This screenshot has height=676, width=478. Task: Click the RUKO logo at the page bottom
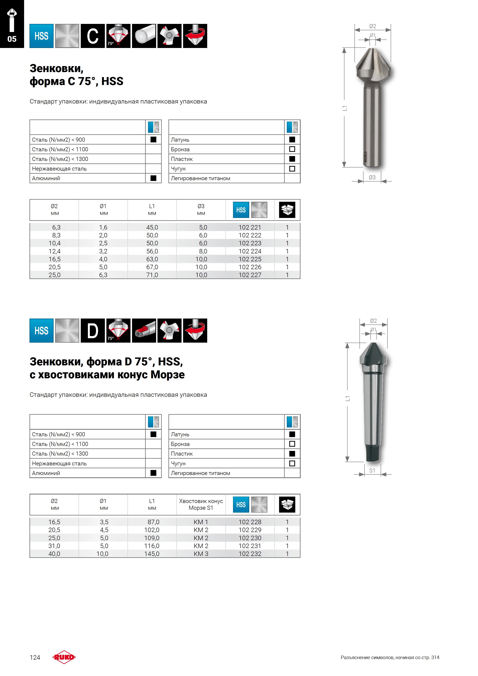click(x=64, y=657)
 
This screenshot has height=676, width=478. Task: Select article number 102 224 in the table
click(x=250, y=251)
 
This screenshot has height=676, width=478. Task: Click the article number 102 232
click(x=250, y=553)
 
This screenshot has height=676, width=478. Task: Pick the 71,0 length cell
click(x=152, y=275)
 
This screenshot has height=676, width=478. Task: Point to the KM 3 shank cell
click(x=201, y=553)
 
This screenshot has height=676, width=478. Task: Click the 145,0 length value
click(x=152, y=553)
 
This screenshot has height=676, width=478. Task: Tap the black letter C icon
click(x=93, y=36)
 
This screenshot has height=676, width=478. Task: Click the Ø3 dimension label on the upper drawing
click(x=372, y=177)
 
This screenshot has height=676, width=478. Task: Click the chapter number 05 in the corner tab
click(x=12, y=39)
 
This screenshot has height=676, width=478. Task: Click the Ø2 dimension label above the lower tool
click(x=373, y=321)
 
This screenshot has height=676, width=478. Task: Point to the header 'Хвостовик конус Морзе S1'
click(x=201, y=504)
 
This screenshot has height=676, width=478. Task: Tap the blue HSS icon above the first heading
click(x=41, y=36)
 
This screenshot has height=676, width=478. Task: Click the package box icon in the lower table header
click(x=287, y=504)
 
